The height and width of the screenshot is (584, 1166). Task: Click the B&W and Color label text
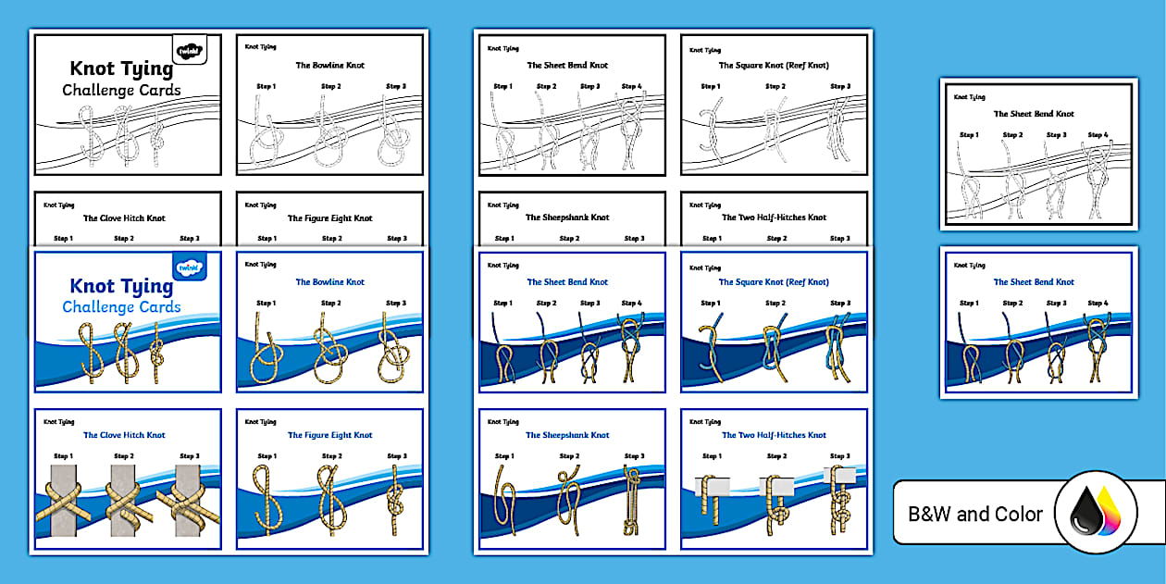tap(974, 514)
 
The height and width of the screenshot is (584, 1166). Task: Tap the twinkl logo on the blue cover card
tap(190, 267)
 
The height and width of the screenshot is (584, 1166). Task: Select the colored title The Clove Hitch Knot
tap(124, 435)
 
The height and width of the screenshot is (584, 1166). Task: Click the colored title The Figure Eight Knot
tap(329, 435)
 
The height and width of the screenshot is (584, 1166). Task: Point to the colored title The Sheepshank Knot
tap(567, 435)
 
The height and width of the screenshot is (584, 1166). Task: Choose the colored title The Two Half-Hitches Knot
tap(774, 435)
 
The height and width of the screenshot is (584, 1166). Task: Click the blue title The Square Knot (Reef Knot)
tap(774, 282)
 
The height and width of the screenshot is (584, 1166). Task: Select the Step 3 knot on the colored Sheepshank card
tap(633, 500)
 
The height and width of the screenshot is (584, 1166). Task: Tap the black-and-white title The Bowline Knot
tap(329, 66)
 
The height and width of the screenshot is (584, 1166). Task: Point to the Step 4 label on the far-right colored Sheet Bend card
tap(1098, 303)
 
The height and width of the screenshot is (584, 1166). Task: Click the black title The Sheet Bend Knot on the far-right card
tap(1034, 114)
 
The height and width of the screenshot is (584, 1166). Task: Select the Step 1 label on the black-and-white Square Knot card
tap(711, 86)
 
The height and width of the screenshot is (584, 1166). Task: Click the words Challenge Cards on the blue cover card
tap(121, 307)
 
